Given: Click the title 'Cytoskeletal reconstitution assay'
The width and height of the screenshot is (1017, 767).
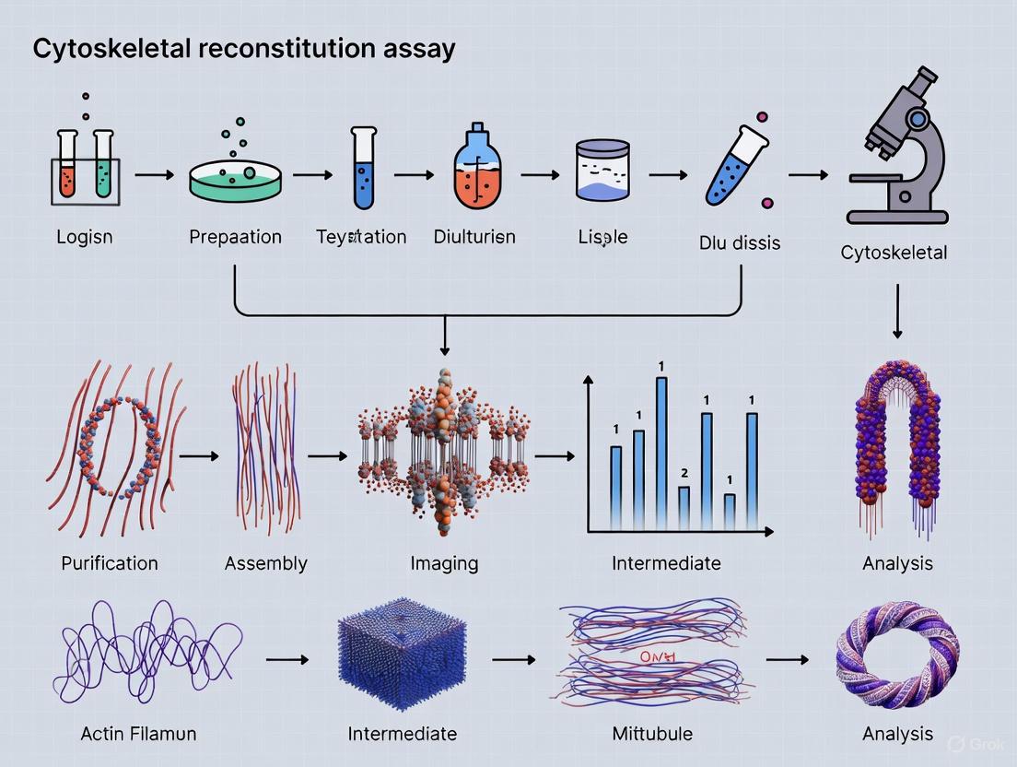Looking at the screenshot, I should [244, 48].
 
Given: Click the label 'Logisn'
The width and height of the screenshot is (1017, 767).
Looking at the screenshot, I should [85, 237].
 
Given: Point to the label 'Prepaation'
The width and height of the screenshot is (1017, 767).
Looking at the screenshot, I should [236, 237].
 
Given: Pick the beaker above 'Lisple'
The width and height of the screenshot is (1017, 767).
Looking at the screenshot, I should [602, 171].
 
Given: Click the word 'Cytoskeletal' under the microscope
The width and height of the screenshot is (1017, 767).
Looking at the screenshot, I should [894, 252].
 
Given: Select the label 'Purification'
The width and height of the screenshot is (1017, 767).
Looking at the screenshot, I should [110, 562].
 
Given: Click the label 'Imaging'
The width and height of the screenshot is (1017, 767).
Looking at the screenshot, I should [445, 562].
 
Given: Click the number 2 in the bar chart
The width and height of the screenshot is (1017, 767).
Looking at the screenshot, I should [684, 473].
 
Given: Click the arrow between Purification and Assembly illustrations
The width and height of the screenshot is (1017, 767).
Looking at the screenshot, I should [200, 455].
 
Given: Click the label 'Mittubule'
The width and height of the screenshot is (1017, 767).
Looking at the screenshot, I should [652, 734].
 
